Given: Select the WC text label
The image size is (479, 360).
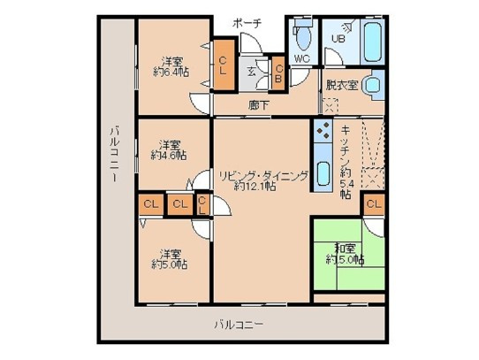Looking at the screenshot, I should (x=301, y=59).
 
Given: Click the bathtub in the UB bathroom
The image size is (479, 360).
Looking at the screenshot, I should (x=369, y=39).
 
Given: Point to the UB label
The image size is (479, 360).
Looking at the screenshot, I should (x=338, y=38).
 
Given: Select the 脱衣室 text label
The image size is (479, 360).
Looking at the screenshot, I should (x=340, y=86).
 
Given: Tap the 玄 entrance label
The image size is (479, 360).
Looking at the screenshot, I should (x=252, y=72).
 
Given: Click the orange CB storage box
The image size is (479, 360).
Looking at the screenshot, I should (x=278, y=73).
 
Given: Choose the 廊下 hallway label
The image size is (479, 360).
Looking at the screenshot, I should (x=259, y=104).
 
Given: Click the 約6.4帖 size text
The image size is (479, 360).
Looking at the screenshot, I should (x=170, y=72).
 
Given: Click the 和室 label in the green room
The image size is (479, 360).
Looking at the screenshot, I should (x=344, y=249).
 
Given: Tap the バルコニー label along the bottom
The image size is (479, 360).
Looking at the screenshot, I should (x=239, y=325).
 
